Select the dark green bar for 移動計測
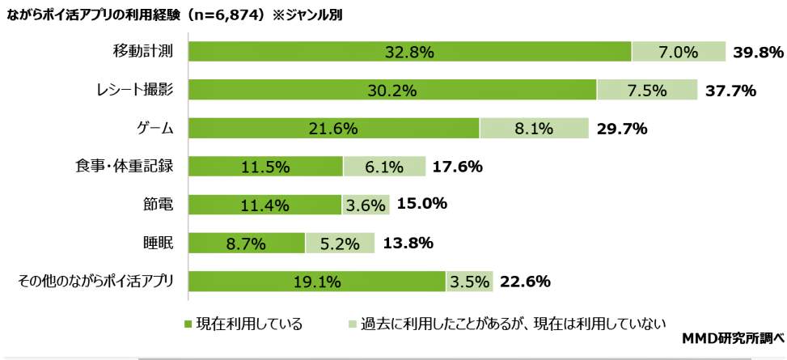pyautogui.click(x=410, y=52)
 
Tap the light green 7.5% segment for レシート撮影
pyautogui.click(x=647, y=90)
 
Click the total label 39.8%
pyautogui.click(x=758, y=52)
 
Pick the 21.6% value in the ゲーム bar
pyautogui.click(x=334, y=128)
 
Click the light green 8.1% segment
pyautogui.click(x=534, y=128)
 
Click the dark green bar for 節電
pyautogui.click(x=265, y=205)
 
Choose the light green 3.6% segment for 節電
pyautogui.click(x=366, y=205)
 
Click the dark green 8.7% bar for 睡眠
pyautogui.click(x=247, y=243)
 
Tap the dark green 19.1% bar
pyautogui.click(x=317, y=282)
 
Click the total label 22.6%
pyautogui.click(x=525, y=282)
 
